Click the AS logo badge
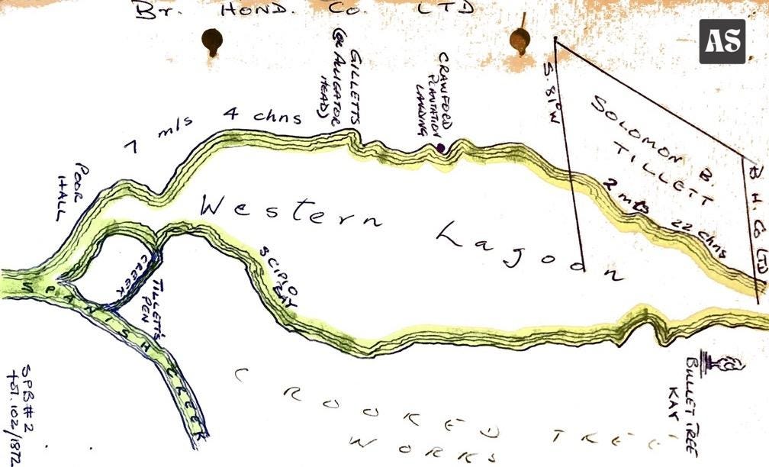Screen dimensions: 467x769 (x=722, y=41)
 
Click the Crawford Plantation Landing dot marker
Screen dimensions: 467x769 (x=440, y=148)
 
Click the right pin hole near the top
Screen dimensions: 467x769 (x=520, y=39)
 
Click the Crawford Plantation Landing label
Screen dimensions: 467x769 (x=430, y=97)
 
